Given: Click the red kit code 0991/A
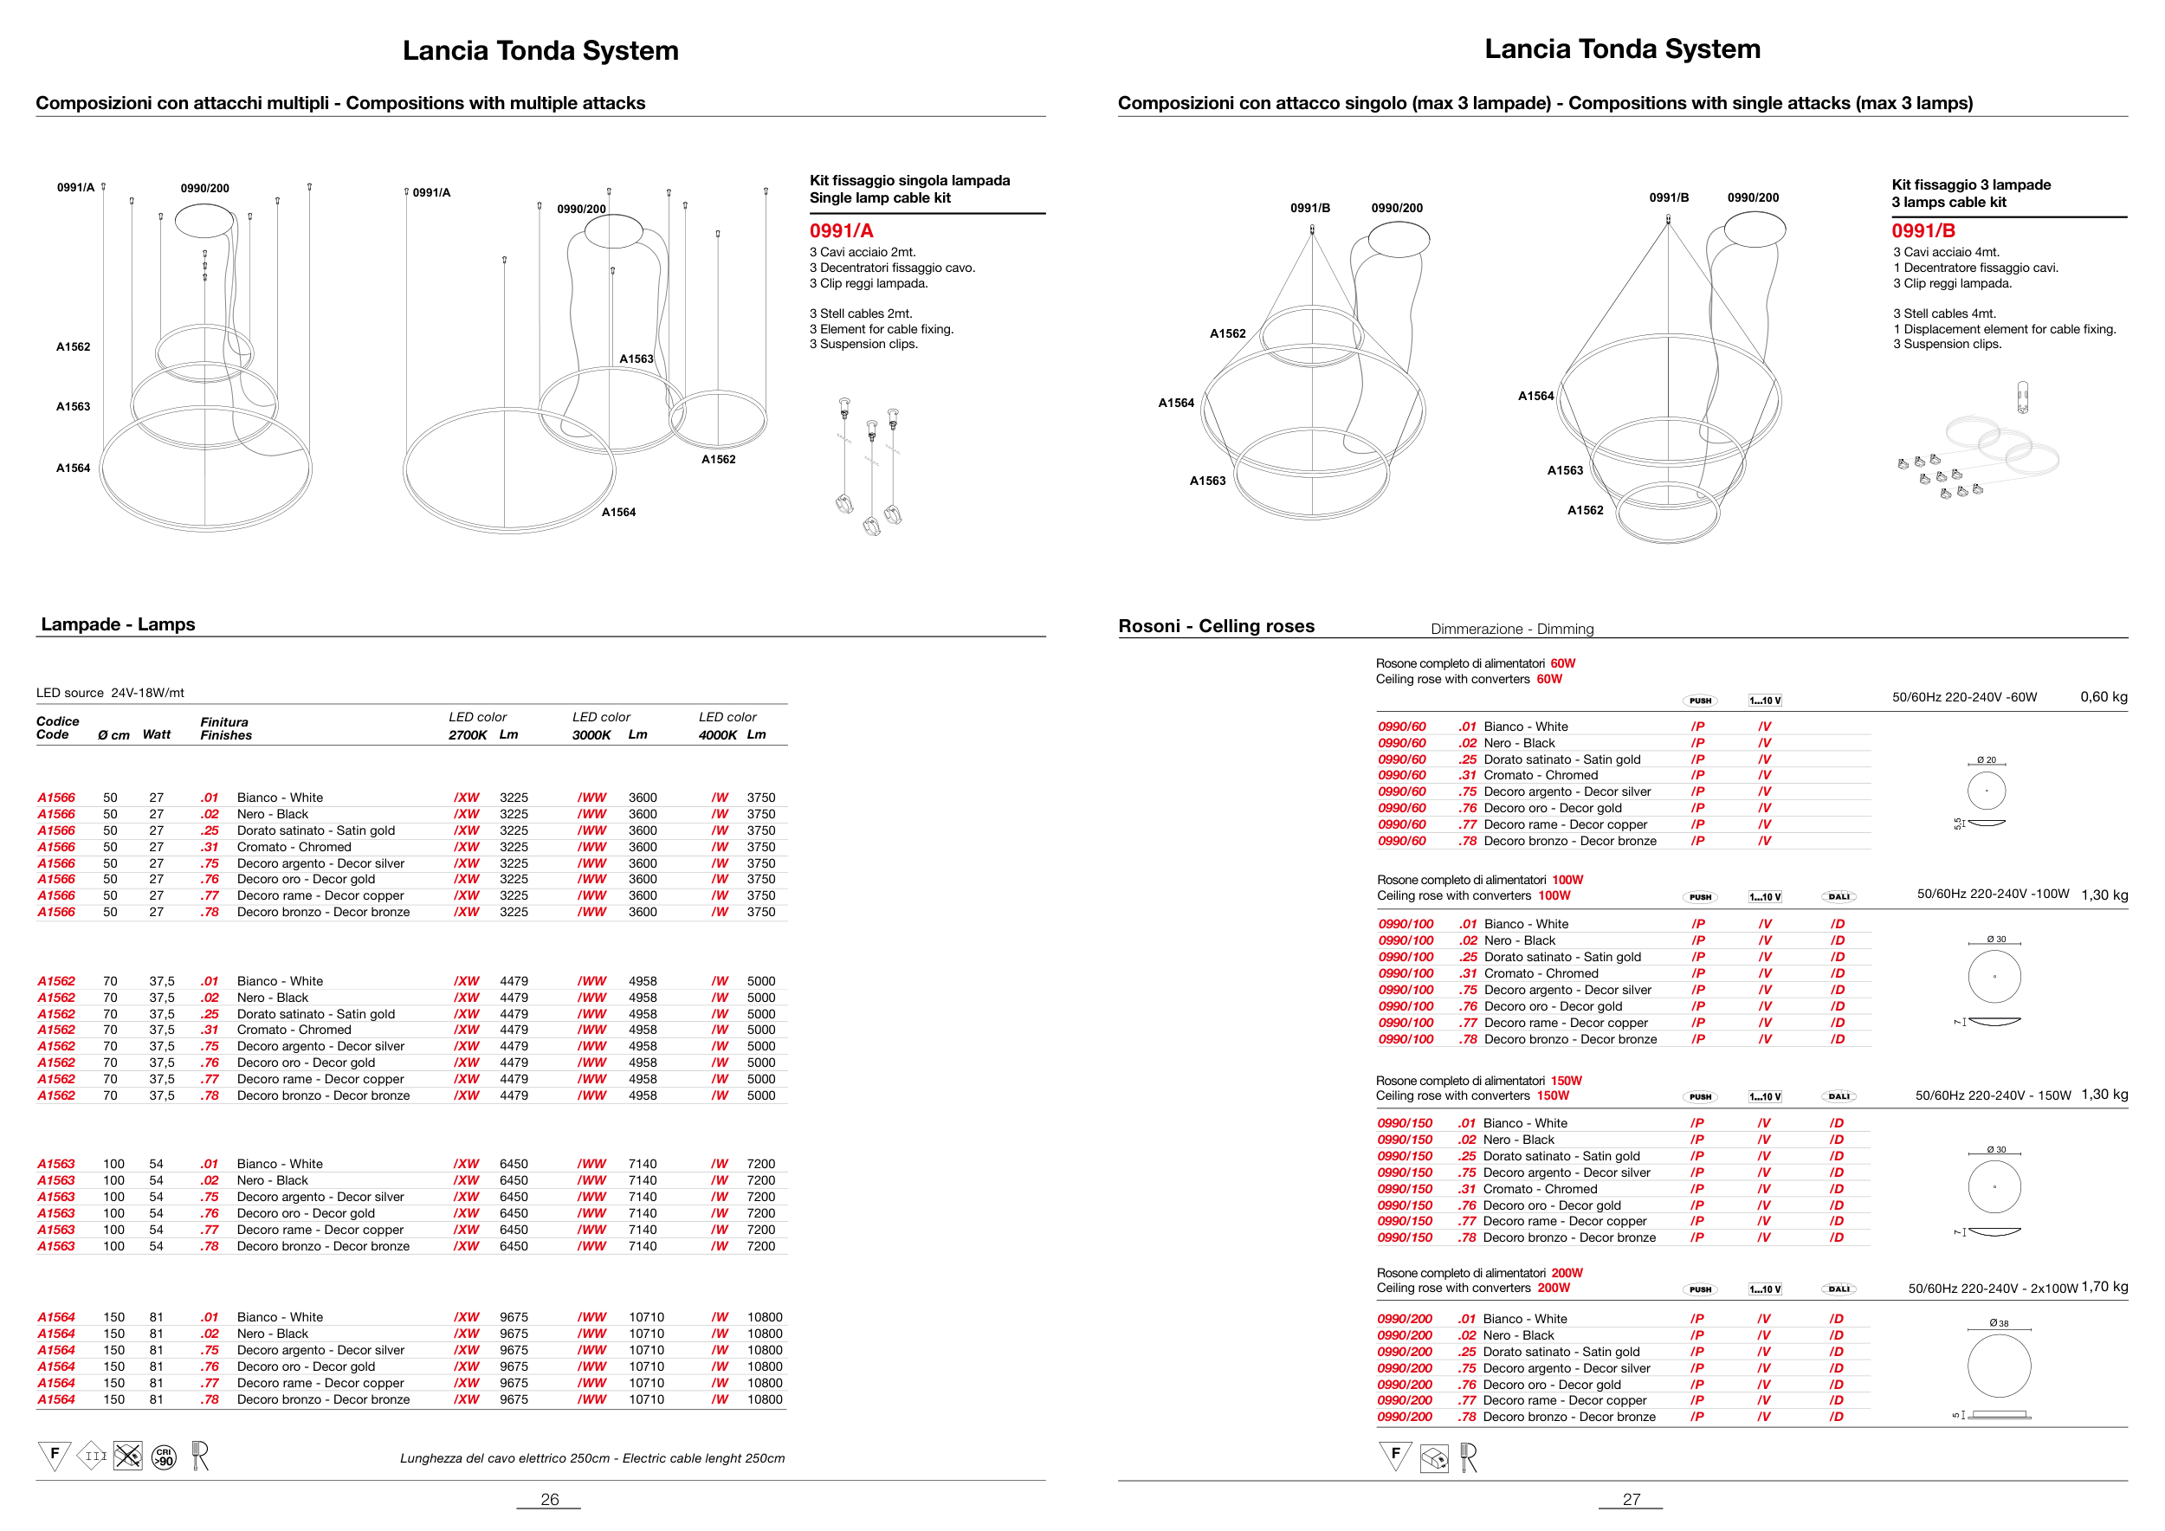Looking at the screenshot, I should (841, 231).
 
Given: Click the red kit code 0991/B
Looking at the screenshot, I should (1923, 231).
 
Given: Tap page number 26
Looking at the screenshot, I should (550, 1499).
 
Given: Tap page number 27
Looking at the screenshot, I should (1632, 1499).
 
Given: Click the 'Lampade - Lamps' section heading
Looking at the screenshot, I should (118, 624).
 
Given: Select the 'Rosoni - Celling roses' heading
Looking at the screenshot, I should (1216, 626).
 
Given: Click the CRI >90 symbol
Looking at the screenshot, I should (164, 1457).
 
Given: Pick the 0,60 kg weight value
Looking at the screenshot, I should (2104, 697).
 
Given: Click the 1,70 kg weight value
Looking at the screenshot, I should (2104, 1287).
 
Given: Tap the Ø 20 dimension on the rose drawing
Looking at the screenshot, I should (1986, 759).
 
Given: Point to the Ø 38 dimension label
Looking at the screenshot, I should (1998, 1322).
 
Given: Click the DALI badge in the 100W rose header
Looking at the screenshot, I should (1839, 896).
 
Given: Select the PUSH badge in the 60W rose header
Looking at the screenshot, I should (1700, 701).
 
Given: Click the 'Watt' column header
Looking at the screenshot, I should (157, 734).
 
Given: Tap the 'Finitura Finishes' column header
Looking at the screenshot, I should (225, 729).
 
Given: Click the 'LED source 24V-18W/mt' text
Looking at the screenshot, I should (110, 693).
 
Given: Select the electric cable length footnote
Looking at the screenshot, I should (592, 1458).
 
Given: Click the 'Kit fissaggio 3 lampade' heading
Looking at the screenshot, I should (1971, 184).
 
